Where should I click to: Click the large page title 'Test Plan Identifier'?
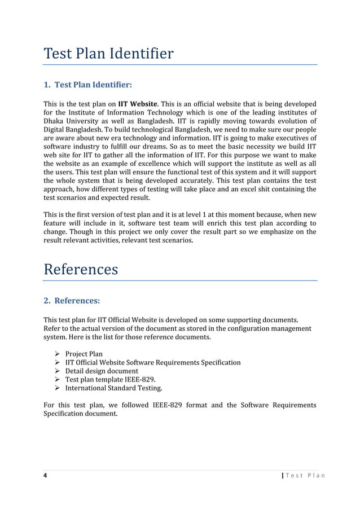[x=108, y=54]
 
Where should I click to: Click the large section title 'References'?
[x=81, y=269]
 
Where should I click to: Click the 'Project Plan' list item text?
[x=84, y=353]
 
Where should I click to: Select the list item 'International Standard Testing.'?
[x=113, y=388]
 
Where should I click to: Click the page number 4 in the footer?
[x=46, y=475]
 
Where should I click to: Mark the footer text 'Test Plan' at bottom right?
[x=306, y=475]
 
